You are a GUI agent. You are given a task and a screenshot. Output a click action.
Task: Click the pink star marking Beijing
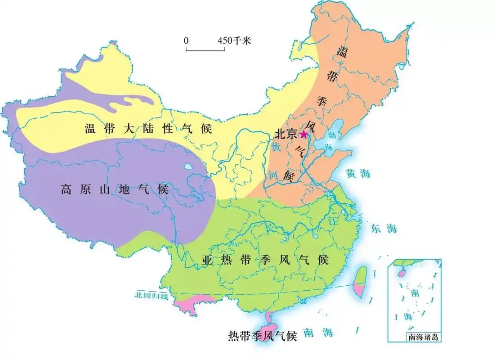304,134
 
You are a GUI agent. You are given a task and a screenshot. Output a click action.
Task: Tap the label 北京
286,134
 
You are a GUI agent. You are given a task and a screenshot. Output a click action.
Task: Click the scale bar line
205,50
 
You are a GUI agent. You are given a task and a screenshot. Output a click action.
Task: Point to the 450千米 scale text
234,40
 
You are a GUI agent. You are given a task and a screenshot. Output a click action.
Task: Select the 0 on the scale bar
186,40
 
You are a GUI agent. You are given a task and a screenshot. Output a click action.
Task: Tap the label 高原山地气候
114,189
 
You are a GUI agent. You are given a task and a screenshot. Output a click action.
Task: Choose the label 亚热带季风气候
265,260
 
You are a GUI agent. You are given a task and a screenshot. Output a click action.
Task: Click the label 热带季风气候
263,336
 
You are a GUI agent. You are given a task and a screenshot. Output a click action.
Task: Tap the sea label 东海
384,228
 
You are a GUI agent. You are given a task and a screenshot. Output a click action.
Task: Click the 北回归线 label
151,296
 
